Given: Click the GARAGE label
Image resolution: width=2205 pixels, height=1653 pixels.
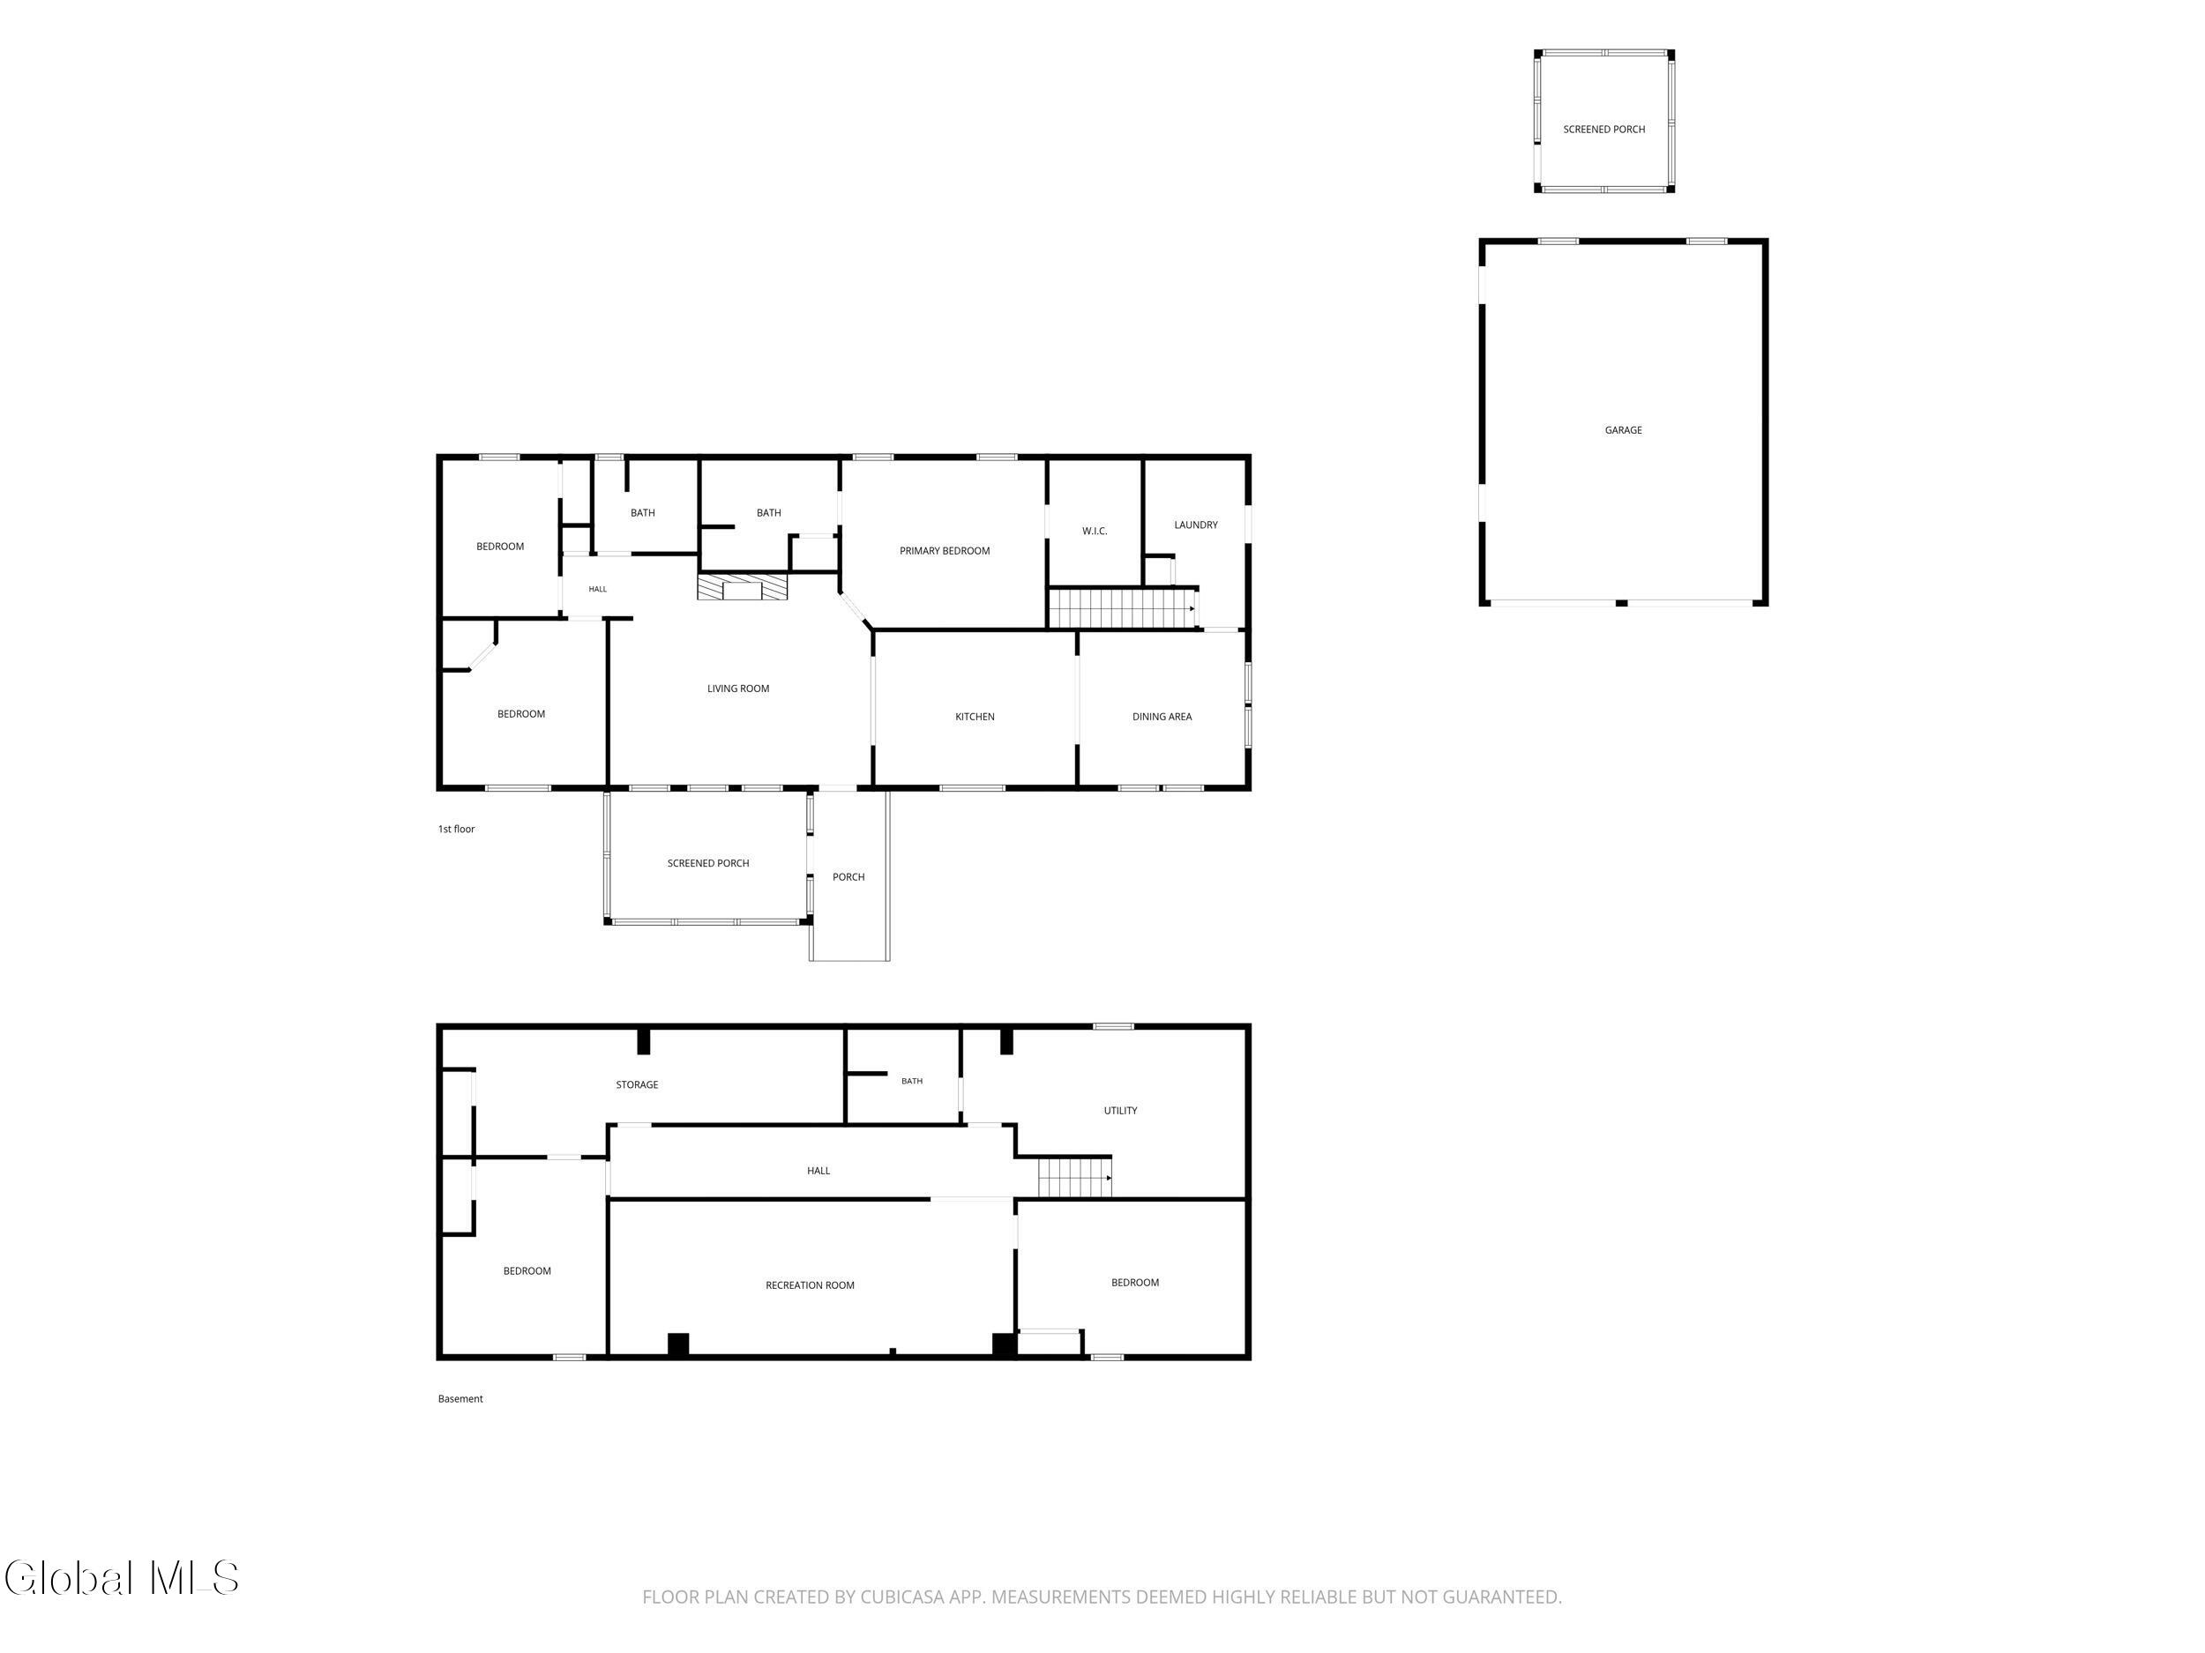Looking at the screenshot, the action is coord(1623,430).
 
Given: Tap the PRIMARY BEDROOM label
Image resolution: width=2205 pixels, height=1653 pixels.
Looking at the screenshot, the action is coord(944,551).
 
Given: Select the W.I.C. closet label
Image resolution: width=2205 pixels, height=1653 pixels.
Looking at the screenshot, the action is coord(1095,531).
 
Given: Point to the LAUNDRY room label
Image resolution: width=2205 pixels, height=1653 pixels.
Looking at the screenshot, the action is coord(1195,525).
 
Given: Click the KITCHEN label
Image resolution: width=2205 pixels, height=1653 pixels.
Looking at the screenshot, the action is coord(974,717).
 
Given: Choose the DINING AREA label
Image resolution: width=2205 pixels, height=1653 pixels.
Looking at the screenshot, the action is coord(1162,717).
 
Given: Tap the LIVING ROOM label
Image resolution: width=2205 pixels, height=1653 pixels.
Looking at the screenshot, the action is coord(737,689).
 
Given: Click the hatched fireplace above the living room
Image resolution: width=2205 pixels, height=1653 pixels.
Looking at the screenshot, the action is coord(743,587).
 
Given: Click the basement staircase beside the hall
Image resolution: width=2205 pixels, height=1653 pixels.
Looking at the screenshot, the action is coord(1074,1177).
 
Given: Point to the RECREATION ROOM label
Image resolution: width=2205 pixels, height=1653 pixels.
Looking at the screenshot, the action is coord(810,1285).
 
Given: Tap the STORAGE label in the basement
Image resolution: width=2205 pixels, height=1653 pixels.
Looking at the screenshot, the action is coord(636,1085).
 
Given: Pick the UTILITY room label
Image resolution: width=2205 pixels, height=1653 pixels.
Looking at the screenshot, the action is coord(1119,1111).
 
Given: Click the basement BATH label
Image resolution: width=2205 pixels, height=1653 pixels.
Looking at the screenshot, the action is coord(911,1081).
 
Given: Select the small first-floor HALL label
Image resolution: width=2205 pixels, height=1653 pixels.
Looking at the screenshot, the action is coord(597,589).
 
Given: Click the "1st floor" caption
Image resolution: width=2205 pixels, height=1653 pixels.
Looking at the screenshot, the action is coord(456,829).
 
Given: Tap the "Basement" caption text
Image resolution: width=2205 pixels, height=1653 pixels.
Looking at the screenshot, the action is coord(460,1399).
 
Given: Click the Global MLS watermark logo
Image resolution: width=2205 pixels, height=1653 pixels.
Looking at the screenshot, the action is coord(122,1578).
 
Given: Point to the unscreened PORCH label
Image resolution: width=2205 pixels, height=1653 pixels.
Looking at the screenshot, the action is coord(848,877).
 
